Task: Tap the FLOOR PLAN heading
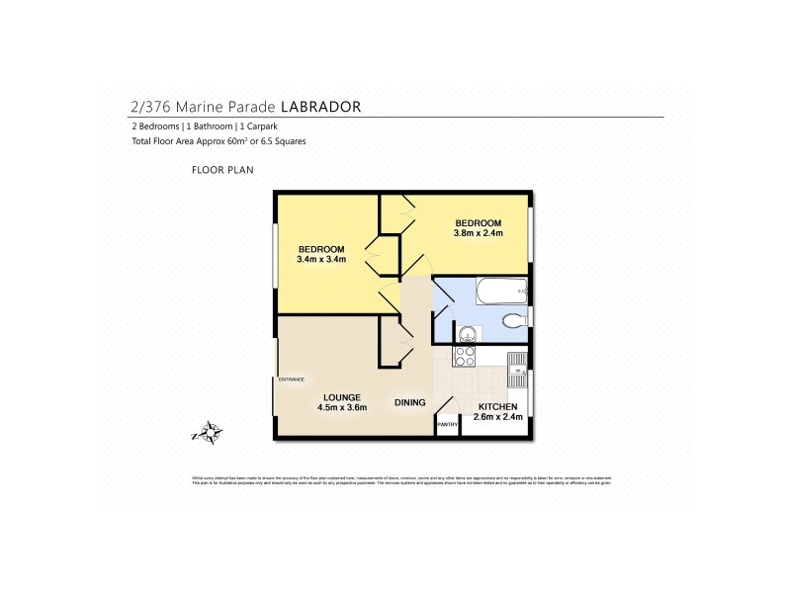pyautogui.click(x=222, y=170)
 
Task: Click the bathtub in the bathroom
pyautogui.click(x=500, y=291)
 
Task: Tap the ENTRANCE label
pyautogui.click(x=290, y=380)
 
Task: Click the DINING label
pyautogui.click(x=409, y=402)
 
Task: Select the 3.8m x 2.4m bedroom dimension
pyautogui.click(x=479, y=233)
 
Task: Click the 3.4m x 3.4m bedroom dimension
pyautogui.click(x=321, y=259)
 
